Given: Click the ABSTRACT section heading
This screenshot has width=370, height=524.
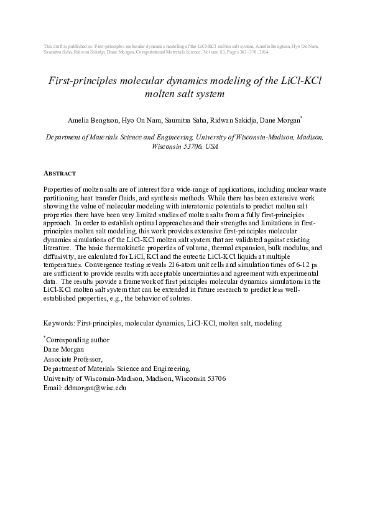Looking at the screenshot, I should tap(59, 173).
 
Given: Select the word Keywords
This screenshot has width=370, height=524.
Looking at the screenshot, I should tap(58, 324).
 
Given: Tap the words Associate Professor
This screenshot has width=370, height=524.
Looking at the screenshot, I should tap(73, 359).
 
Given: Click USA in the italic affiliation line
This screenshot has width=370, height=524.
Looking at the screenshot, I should tap(211, 149).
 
